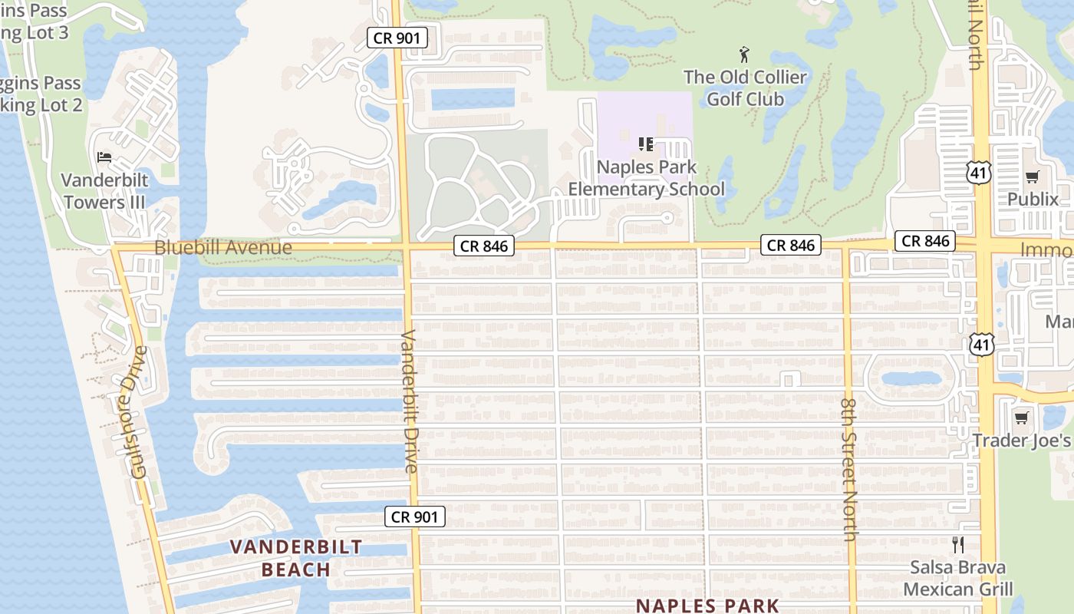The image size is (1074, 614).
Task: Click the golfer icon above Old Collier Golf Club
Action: tap(743, 54)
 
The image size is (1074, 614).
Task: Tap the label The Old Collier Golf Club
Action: tap(745, 88)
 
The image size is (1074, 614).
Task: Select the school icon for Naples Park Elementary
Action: tap(645, 144)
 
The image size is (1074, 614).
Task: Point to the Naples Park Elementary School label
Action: tap(646, 178)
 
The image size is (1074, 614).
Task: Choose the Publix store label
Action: tap(1032, 200)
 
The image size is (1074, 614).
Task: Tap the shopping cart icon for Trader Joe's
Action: tap(1021, 418)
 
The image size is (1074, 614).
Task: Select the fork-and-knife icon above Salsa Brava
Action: tap(957, 545)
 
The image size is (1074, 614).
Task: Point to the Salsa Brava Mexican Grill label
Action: tap(957, 579)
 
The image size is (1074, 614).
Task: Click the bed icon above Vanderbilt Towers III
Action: tap(104, 157)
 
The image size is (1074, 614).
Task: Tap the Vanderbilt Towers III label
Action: tap(104, 191)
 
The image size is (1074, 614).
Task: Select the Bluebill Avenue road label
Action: tap(223, 247)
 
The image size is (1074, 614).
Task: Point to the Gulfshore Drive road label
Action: tap(139, 412)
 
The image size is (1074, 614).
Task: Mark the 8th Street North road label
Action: tap(849, 469)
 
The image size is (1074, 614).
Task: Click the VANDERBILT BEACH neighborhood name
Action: tap(296, 558)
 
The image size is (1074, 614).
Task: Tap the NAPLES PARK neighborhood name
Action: tap(707, 606)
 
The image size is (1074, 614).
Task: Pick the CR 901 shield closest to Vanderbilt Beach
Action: tap(414, 517)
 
